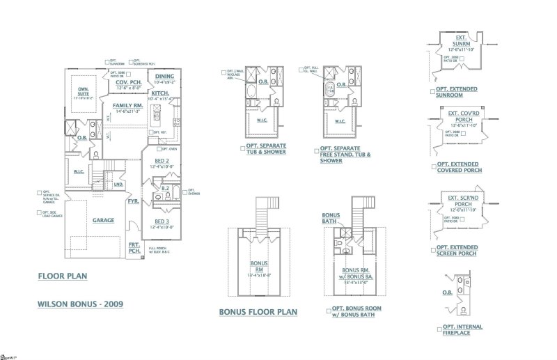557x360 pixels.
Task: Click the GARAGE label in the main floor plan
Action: click(x=103, y=220)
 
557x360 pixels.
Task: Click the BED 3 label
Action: click(x=162, y=221)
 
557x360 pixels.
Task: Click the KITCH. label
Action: click(x=162, y=93)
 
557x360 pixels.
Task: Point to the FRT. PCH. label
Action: click(x=134, y=247)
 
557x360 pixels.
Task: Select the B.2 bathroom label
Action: click(x=165, y=188)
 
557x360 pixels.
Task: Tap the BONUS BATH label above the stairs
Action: click(x=331, y=219)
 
